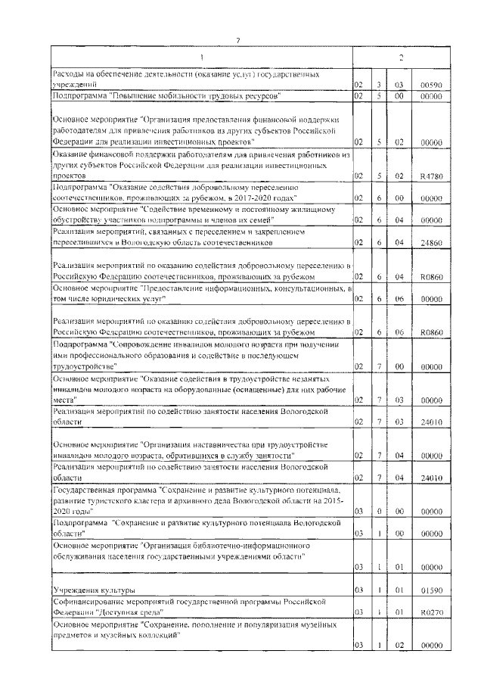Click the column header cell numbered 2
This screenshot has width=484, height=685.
[x=401, y=58]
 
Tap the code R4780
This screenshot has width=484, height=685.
[x=430, y=175]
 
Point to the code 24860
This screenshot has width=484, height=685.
[x=430, y=242]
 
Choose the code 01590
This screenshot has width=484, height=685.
[x=430, y=589]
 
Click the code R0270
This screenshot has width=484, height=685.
[x=430, y=611]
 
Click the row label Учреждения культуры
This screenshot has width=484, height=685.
[x=94, y=589]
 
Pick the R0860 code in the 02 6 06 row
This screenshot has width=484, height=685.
[x=430, y=332]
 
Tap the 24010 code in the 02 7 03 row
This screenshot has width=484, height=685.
[x=430, y=421]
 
